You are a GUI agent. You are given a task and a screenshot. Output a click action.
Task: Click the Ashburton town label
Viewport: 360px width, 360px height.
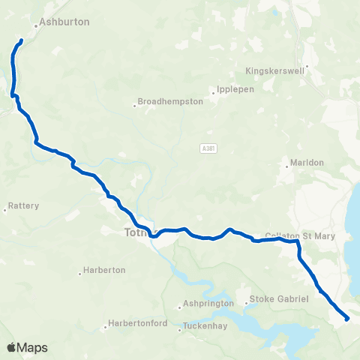[x=64, y=22]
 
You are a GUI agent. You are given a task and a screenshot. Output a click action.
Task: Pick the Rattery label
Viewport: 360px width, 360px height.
[x=24, y=205]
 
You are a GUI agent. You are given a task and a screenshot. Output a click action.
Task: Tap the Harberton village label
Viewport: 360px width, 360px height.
[x=104, y=270]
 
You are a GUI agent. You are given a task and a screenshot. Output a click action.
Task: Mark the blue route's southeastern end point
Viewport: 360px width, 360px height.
[x=347, y=319]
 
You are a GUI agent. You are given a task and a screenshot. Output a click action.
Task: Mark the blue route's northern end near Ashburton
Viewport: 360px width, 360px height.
[x=22, y=40]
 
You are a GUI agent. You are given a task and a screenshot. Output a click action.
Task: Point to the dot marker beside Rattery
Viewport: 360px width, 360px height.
[x=5, y=211]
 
